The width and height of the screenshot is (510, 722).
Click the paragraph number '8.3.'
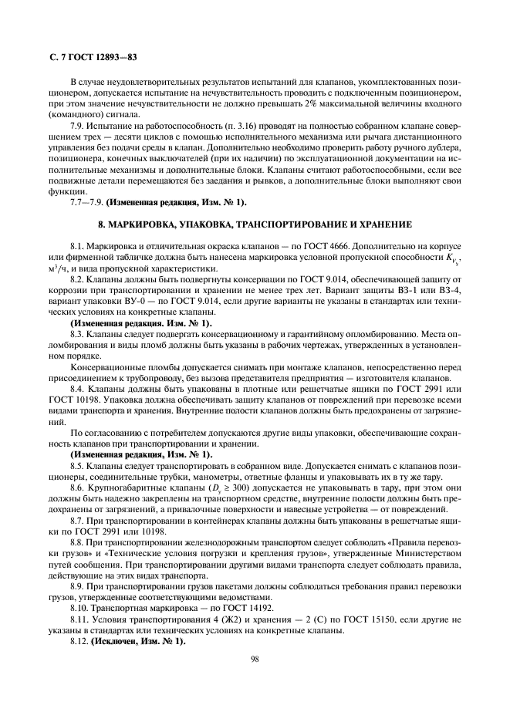point(79,334)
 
